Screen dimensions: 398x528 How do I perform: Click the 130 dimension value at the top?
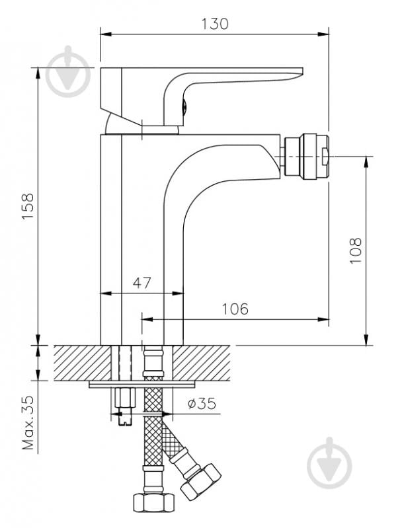215,24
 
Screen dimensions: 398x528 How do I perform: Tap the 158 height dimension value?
28,206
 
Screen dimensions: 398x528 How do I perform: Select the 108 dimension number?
355,251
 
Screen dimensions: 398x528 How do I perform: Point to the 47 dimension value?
142,283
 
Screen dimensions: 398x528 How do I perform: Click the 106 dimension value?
235,309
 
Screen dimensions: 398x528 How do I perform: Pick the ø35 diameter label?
202,403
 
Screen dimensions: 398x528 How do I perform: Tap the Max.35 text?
28,423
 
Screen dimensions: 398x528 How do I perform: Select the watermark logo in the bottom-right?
329,463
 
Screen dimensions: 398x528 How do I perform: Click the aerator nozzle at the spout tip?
305,156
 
